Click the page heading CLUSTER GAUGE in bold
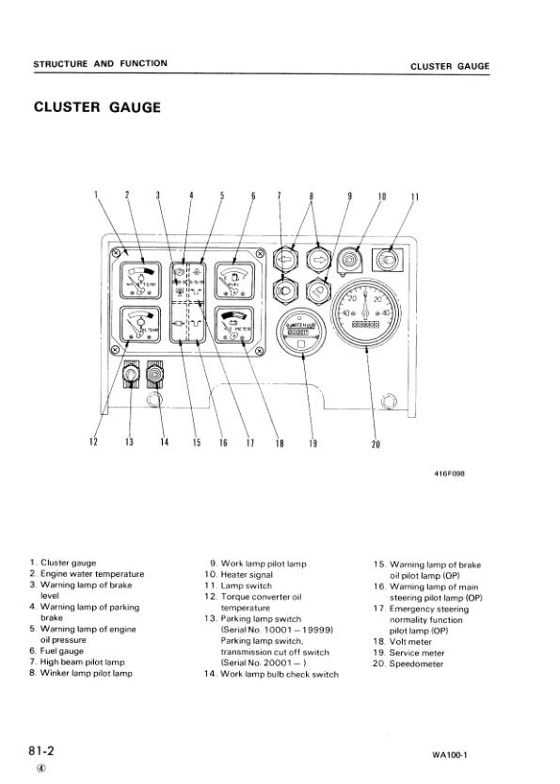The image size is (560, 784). [97, 106]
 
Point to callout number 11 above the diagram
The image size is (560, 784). [415, 197]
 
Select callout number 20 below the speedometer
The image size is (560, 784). [375, 444]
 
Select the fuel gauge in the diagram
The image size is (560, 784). [235, 280]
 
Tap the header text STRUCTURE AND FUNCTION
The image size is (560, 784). [101, 63]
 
